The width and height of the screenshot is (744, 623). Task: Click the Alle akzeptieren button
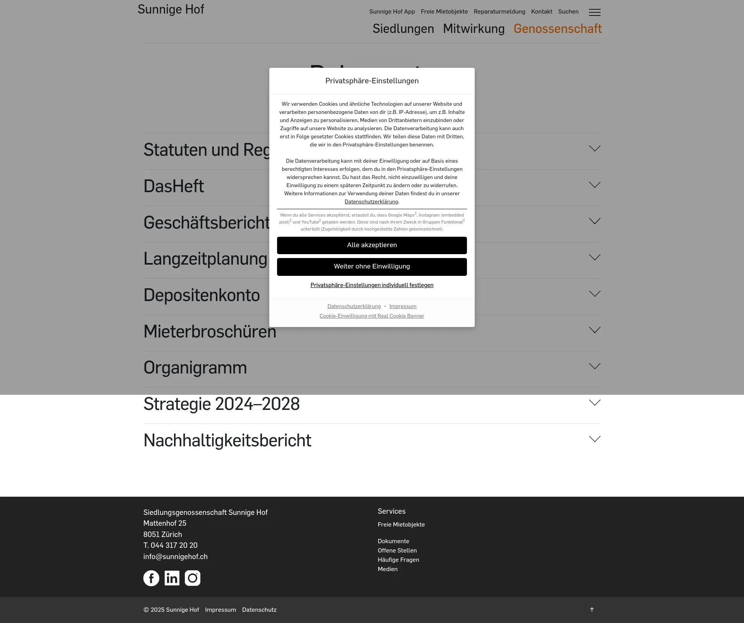coord(372,245)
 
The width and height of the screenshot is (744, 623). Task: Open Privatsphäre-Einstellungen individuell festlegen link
coord(372,285)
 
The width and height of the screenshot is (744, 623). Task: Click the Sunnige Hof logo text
coord(171,9)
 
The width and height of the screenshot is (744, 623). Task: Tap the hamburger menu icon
coord(594,12)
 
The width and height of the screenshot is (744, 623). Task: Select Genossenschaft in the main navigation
coord(557,29)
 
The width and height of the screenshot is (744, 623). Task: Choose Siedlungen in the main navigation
coord(403,29)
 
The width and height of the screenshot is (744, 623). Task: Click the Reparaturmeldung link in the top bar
coord(499,12)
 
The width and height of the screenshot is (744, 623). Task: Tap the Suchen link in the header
coord(568,12)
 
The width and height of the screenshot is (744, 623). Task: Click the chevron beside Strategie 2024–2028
coord(594,403)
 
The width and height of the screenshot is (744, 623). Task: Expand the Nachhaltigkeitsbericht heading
coord(227,441)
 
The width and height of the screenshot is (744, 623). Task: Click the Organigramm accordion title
coord(195,368)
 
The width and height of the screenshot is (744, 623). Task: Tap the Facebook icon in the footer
coord(151,578)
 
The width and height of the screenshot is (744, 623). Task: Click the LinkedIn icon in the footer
coord(172,578)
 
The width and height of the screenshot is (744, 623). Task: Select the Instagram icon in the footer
coord(193,578)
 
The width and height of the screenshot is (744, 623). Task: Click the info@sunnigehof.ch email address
coord(175,556)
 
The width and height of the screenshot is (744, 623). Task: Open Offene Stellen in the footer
coord(397,550)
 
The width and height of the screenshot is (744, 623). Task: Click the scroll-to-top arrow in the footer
coord(592,609)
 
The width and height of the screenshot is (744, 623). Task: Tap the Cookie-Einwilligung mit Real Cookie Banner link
coord(372,316)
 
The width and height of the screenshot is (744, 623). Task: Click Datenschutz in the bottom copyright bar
coord(259,610)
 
